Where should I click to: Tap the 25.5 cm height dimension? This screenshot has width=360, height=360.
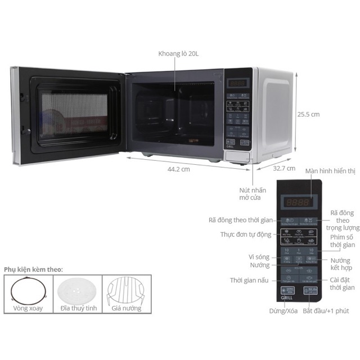click(308, 114)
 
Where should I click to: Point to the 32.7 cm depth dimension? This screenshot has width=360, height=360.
click(283, 168)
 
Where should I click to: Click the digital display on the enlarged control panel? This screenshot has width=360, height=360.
click(297, 202)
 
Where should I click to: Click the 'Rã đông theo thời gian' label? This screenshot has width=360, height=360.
click(240, 220)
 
